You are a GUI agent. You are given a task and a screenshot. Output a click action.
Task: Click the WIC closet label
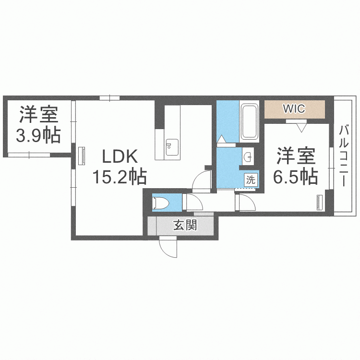pos(294,109)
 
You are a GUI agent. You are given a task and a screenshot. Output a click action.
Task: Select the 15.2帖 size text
pos(119,178)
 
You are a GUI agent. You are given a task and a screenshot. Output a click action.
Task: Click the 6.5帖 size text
pos(295,177)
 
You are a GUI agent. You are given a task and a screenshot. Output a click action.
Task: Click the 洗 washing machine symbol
pos(251,180)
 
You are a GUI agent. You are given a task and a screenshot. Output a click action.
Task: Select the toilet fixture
pos(160,203)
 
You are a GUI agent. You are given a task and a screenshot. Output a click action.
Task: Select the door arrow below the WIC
pos(302,127)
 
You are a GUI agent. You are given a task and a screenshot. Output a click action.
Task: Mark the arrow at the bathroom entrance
pos(221,139)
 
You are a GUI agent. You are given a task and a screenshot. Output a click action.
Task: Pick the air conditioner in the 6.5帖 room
pos(320,202)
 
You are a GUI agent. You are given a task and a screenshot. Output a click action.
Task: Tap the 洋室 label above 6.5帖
pos(295,156)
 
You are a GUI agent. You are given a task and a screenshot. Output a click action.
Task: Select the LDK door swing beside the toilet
pos(202,182)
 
